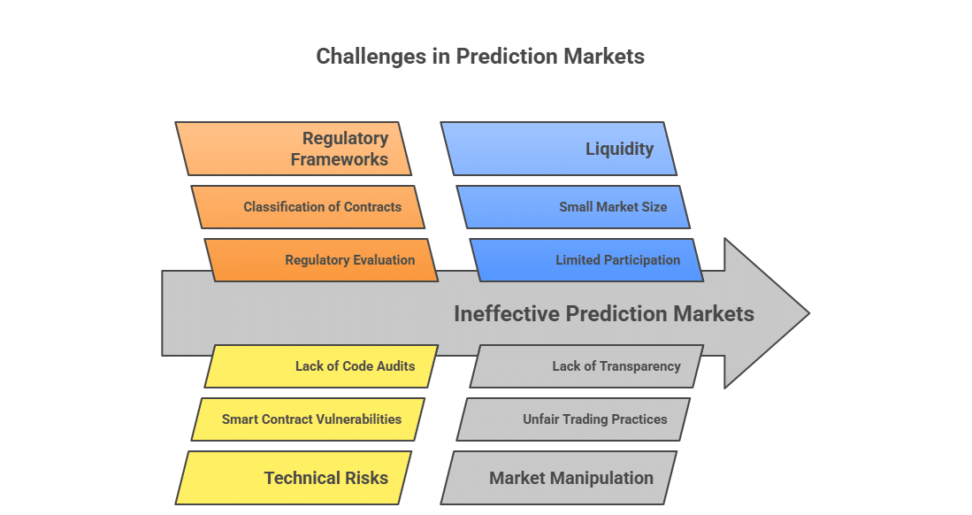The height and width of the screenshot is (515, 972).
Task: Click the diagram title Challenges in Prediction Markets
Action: (480, 57)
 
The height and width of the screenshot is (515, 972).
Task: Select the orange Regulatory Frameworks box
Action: (294, 149)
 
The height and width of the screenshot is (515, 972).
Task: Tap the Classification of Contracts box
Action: (308, 207)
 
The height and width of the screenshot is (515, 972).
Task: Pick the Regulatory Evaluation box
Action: (322, 260)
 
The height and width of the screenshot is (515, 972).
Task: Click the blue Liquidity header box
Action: (559, 149)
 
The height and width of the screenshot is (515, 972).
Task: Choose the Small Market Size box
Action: (573, 207)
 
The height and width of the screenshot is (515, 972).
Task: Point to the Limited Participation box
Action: (586, 260)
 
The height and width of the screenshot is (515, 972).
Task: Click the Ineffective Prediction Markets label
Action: (603, 314)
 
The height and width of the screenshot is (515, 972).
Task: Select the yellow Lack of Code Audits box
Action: (322, 366)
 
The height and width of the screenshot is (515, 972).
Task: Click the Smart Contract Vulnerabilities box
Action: (308, 419)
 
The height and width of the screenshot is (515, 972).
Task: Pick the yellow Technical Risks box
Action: (294, 478)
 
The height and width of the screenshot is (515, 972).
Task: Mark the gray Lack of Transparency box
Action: (586, 366)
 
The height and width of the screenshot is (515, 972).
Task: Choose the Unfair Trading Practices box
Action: (573, 419)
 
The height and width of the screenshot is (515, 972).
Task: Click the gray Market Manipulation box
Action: (559, 478)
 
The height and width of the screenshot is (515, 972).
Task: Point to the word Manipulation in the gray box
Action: (604, 478)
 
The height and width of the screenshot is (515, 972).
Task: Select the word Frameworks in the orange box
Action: (341, 159)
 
